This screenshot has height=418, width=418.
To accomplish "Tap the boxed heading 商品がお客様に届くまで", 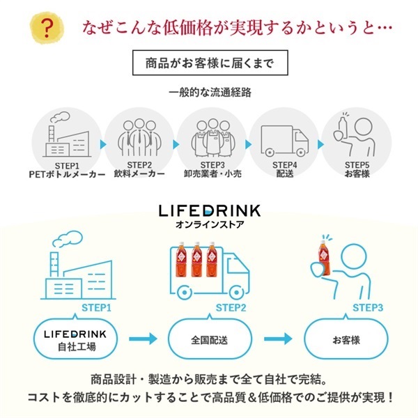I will click(x=209, y=63).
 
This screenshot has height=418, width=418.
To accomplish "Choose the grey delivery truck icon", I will click(x=284, y=137).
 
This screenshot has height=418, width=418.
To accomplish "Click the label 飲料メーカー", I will click(x=139, y=173).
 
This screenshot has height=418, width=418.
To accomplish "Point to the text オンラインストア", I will click(x=209, y=225).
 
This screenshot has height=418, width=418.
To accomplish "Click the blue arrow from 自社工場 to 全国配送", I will click(x=143, y=339).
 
